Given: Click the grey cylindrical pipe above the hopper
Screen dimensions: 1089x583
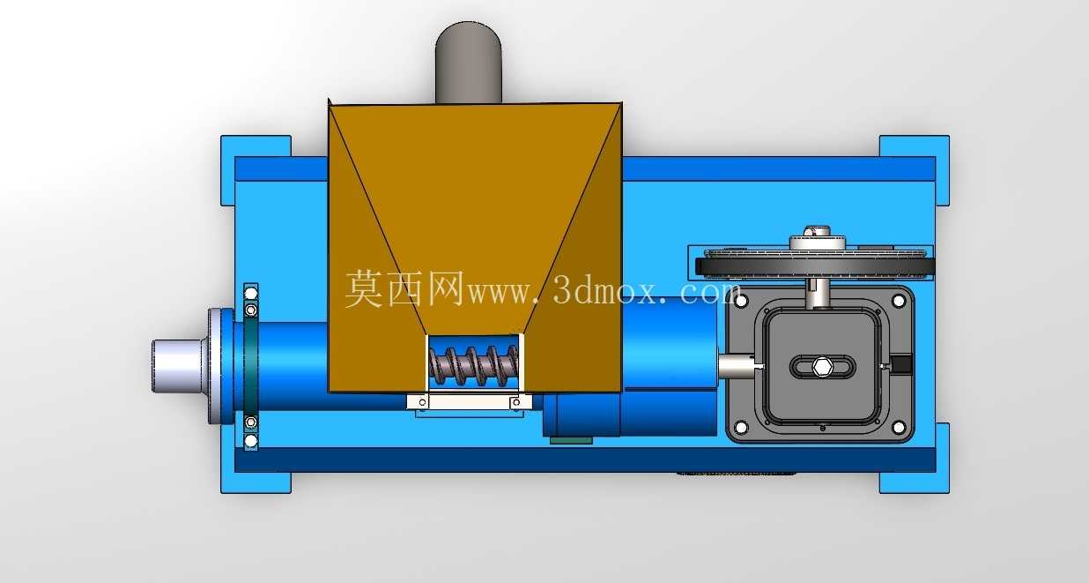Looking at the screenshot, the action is point(468,63).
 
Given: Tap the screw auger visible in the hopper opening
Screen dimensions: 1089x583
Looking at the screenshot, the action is point(473,365).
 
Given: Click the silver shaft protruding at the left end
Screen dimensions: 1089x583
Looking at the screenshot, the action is point(177,366).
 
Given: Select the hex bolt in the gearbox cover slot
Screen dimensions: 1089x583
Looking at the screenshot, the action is point(822,366).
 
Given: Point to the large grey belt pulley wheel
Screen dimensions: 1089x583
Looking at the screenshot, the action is point(815,265).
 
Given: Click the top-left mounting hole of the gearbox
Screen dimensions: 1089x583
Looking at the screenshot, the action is point(741,301).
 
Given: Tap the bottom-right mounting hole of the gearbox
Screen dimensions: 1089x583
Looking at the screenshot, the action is point(899,427).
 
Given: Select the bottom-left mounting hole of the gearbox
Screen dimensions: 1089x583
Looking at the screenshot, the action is point(741,427).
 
